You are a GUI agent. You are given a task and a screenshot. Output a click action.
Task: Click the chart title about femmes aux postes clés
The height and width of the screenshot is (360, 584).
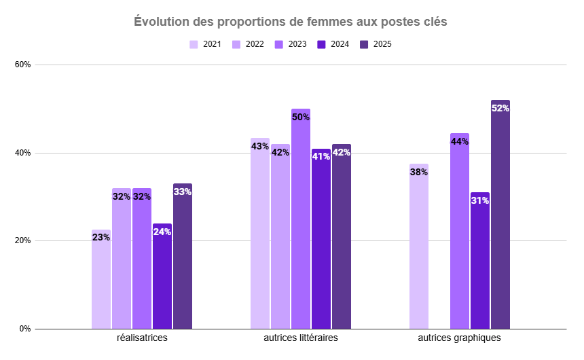coord(291,22)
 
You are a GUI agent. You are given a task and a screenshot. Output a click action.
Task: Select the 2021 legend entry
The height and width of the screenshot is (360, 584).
coord(206,44)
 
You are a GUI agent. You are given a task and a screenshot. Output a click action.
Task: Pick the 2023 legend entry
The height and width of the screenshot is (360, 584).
coord(291,44)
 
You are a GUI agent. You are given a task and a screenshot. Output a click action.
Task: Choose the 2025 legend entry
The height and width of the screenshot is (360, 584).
coord(376,44)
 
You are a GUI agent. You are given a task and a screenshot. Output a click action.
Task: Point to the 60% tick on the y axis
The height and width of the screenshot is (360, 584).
coord(23,65)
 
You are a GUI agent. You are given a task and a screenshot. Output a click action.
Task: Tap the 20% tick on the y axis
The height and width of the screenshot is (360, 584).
coord(23,241)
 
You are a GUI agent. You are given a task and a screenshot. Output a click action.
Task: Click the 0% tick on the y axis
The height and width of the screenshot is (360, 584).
coord(25,329)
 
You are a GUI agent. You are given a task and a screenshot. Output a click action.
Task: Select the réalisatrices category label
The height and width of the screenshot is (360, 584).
coord(142,338)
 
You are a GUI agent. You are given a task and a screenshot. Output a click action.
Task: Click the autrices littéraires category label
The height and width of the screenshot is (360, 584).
coord(300,338)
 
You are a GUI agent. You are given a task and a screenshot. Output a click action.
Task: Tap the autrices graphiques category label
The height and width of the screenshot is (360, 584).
coord(459,338)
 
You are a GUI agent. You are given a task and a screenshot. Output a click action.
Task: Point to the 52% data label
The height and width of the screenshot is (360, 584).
coord(500,108)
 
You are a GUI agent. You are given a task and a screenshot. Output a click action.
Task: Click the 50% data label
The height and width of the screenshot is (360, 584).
coord(301,117)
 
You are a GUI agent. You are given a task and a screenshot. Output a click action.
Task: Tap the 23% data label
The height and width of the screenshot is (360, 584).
coord(101,238)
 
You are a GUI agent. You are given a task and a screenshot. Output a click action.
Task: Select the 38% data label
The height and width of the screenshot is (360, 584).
coord(419,172)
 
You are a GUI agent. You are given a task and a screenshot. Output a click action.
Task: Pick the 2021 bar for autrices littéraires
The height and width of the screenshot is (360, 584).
coord(260,234)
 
